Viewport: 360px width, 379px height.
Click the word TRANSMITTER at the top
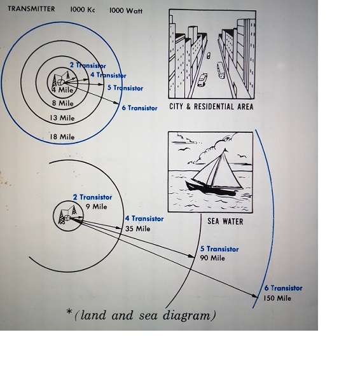(x=31, y=9)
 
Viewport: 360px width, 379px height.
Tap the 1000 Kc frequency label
(x=83, y=10)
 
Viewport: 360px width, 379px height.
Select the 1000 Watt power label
(x=126, y=11)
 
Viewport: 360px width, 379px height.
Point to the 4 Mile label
(x=62, y=90)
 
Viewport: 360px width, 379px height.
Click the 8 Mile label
(x=63, y=103)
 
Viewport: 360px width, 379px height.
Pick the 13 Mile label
(x=62, y=118)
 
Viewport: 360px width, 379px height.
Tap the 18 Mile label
(x=62, y=137)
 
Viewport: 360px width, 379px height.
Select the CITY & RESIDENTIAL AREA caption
(x=211, y=107)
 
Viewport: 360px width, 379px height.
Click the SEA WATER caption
(x=225, y=221)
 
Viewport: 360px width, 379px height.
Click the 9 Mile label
(x=96, y=207)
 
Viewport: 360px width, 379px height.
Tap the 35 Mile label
(x=137, y=229)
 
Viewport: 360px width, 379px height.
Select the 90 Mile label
(x=212, y=258)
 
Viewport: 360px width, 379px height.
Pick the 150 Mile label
(x=277, y=298)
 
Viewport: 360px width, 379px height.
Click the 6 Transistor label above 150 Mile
(x=283, y=288)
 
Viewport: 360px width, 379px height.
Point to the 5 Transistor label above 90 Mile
(x=219, y=249)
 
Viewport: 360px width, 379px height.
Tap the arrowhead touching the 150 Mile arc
(x=255, y=296)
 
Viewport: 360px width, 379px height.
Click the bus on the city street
(x=221, y=70)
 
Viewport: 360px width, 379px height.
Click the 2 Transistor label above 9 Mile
(x=93, y=197)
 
